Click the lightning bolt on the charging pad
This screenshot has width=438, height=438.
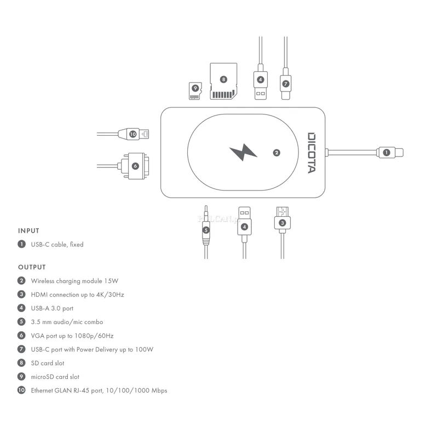243,152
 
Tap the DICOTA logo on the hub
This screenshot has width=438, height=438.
312,153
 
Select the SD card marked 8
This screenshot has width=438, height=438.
223,81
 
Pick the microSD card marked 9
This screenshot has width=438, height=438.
195,91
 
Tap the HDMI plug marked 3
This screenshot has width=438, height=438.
283,220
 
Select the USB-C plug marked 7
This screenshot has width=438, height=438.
285,84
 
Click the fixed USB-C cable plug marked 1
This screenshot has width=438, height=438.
390,153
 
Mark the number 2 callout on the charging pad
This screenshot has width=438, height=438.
276,153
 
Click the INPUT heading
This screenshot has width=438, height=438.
28,230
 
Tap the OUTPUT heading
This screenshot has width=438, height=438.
32,267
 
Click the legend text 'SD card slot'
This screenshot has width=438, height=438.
48,363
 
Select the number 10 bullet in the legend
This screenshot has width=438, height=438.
21,390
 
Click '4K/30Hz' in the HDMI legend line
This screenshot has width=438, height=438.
110,295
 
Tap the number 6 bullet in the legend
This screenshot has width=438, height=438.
21,335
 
